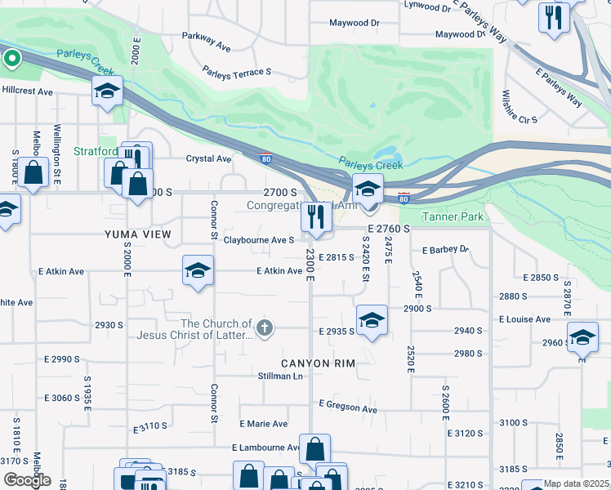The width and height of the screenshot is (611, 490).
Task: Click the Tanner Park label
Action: (x=454, y=216)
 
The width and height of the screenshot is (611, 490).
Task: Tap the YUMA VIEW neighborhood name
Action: (x=137, y=234)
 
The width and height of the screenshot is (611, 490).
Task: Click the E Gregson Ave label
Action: (x=348, y=406)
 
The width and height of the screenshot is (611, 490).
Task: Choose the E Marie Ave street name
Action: (x=263, y=424)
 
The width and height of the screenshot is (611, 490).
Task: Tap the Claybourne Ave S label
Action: (x=259, y=240)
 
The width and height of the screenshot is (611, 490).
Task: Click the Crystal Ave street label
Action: (x=209, y=158)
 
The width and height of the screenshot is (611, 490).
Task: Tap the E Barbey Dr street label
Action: (x=445, y=249)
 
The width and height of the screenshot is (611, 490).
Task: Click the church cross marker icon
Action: (x=263, y=328)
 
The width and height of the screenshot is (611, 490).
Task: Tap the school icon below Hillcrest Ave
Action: (x=107, y=92)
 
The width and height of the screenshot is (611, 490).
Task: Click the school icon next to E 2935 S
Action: (x=372, y=320)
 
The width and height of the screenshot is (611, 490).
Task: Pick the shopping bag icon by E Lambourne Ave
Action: (x=314, y=448)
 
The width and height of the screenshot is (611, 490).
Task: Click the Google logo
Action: (x=26, y=480)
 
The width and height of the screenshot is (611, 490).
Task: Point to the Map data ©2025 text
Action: (x=577, y=483)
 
